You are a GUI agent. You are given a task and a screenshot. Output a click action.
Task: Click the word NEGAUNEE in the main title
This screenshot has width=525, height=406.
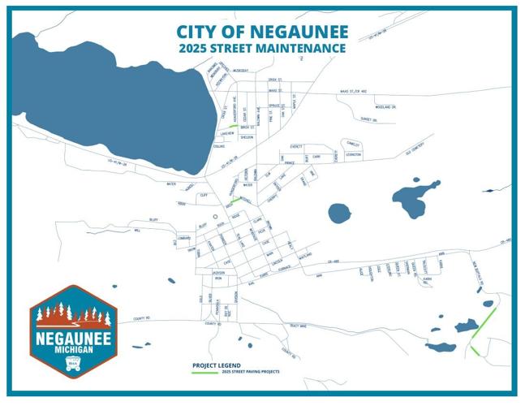(x=304, y=32)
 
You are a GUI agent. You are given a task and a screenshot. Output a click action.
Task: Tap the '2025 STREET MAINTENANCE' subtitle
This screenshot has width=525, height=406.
(x=263, y=49)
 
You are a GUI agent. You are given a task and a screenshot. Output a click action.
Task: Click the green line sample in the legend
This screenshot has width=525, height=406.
(x=204, y=372)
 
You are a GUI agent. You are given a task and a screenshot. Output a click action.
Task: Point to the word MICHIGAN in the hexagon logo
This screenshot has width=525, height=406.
(x=74, y=348)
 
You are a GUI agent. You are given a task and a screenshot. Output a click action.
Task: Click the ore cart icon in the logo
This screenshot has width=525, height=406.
(x=74, y=365)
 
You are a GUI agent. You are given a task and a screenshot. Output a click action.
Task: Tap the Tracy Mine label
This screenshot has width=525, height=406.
(x=298, y=326)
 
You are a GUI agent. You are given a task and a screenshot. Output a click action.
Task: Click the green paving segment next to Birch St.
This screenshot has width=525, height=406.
(x=233, y=127)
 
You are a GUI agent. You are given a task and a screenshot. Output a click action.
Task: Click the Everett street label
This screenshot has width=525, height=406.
(x=296, y=147)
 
